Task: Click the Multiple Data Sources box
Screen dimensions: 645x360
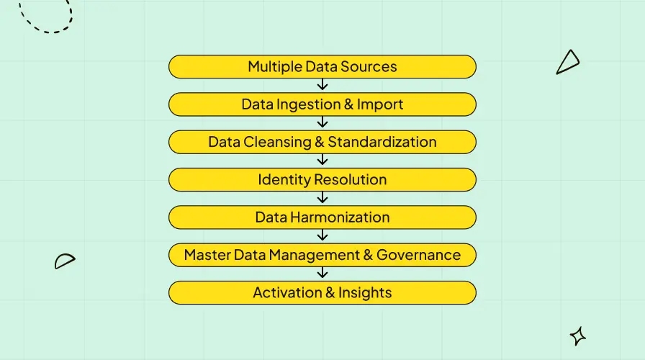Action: (322, 67)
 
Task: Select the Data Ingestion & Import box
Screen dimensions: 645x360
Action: (322, 104)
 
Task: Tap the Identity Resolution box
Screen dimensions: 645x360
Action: (322, 179)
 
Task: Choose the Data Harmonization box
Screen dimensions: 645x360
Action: (322, 217)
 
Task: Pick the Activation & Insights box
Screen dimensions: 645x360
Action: (322, 292)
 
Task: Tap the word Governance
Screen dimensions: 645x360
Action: (418, 255)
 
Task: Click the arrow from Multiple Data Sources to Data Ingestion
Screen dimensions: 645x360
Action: (322, 86)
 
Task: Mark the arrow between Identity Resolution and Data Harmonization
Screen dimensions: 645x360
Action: (322, 198)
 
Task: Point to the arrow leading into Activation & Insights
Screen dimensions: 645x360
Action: (322, 273)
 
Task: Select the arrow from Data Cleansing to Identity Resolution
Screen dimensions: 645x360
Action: (322, 161)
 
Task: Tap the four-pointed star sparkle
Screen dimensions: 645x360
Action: (577, 336)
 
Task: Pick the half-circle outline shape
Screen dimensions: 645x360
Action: (65, 261)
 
